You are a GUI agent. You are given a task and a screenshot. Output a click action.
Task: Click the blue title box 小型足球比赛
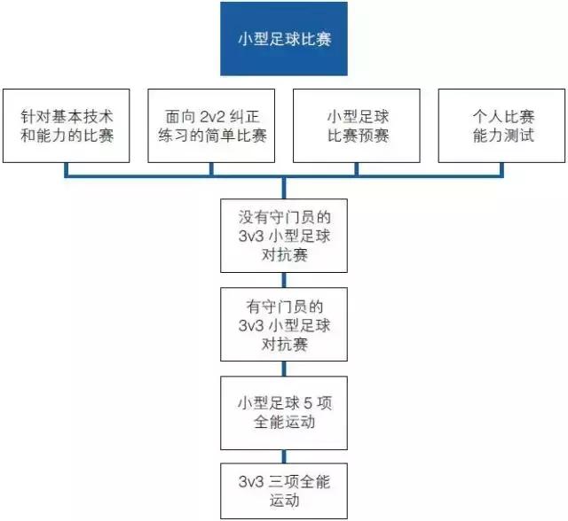(284, 39)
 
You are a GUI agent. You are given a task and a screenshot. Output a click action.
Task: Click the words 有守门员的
(284, 307)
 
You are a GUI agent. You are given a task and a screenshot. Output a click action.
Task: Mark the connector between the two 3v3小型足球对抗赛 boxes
(284, 281)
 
